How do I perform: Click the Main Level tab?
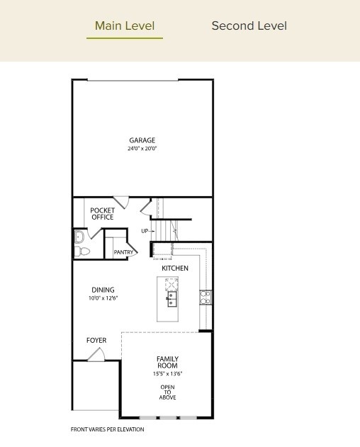[x=125, y=26]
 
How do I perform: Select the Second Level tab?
[x=249, y=26]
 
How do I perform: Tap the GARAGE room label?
[x=142, y=140]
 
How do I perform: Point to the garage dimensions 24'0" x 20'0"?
[x=142, y=149]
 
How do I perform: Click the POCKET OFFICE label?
[x=102, y=214]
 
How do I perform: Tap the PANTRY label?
[x=124, y=252]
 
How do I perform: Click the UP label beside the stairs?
[x=145, y=231]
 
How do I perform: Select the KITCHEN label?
[x=175, y=268]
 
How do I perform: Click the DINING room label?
[x=103, y=290]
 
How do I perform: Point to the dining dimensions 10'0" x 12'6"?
[x=103, y=298]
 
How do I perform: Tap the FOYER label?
[x=96, y=341]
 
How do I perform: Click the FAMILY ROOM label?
[x=167, y=363]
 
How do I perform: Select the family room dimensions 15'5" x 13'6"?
[x=167, y=374]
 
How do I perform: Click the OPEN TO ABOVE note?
[x=167, y=392]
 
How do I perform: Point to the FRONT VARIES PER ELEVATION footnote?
[x=107, y=429]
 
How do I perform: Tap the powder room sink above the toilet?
[x=79, y=237]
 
